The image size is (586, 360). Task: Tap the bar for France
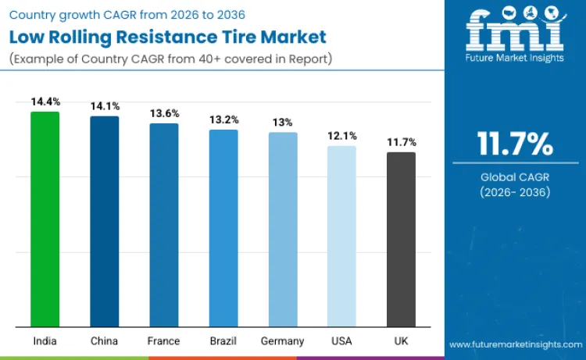point(164,225)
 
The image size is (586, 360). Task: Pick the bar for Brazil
point(223,228)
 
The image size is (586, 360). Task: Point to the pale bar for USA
point(341,236)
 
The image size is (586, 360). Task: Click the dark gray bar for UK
point(401,239)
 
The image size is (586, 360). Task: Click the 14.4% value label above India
point(45,102)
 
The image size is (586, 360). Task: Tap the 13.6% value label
point(164,113)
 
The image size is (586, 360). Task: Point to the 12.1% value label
point(341,136)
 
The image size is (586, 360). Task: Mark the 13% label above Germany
point(283,123)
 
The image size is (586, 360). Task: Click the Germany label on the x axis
point(283,341)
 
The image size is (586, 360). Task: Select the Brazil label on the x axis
point(223,341)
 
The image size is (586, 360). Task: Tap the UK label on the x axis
point(401,341)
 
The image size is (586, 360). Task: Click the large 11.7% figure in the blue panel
point(515,144)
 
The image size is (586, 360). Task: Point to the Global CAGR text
point(515,177)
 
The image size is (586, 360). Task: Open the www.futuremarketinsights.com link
point(516,344)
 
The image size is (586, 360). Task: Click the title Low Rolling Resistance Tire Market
point(167,37)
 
